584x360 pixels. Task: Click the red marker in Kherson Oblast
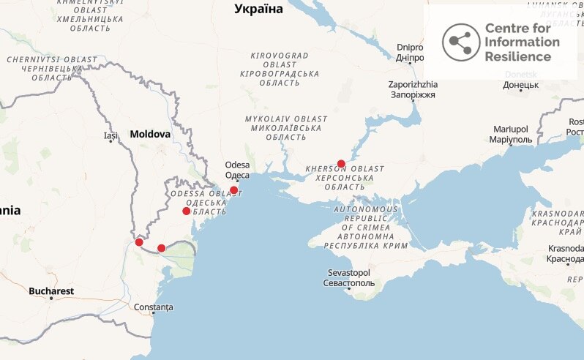point(341,164)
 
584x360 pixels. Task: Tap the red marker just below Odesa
point(233,190)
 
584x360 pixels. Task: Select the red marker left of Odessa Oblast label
point(186,211)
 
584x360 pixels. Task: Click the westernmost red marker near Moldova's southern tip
point(139,242)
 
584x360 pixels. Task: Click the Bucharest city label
point(51,291)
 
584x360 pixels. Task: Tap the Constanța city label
point(154,307)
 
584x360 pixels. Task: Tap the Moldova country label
point(150,135)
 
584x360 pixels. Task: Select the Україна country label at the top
point(258,9)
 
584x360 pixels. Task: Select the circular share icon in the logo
point(460,42)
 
